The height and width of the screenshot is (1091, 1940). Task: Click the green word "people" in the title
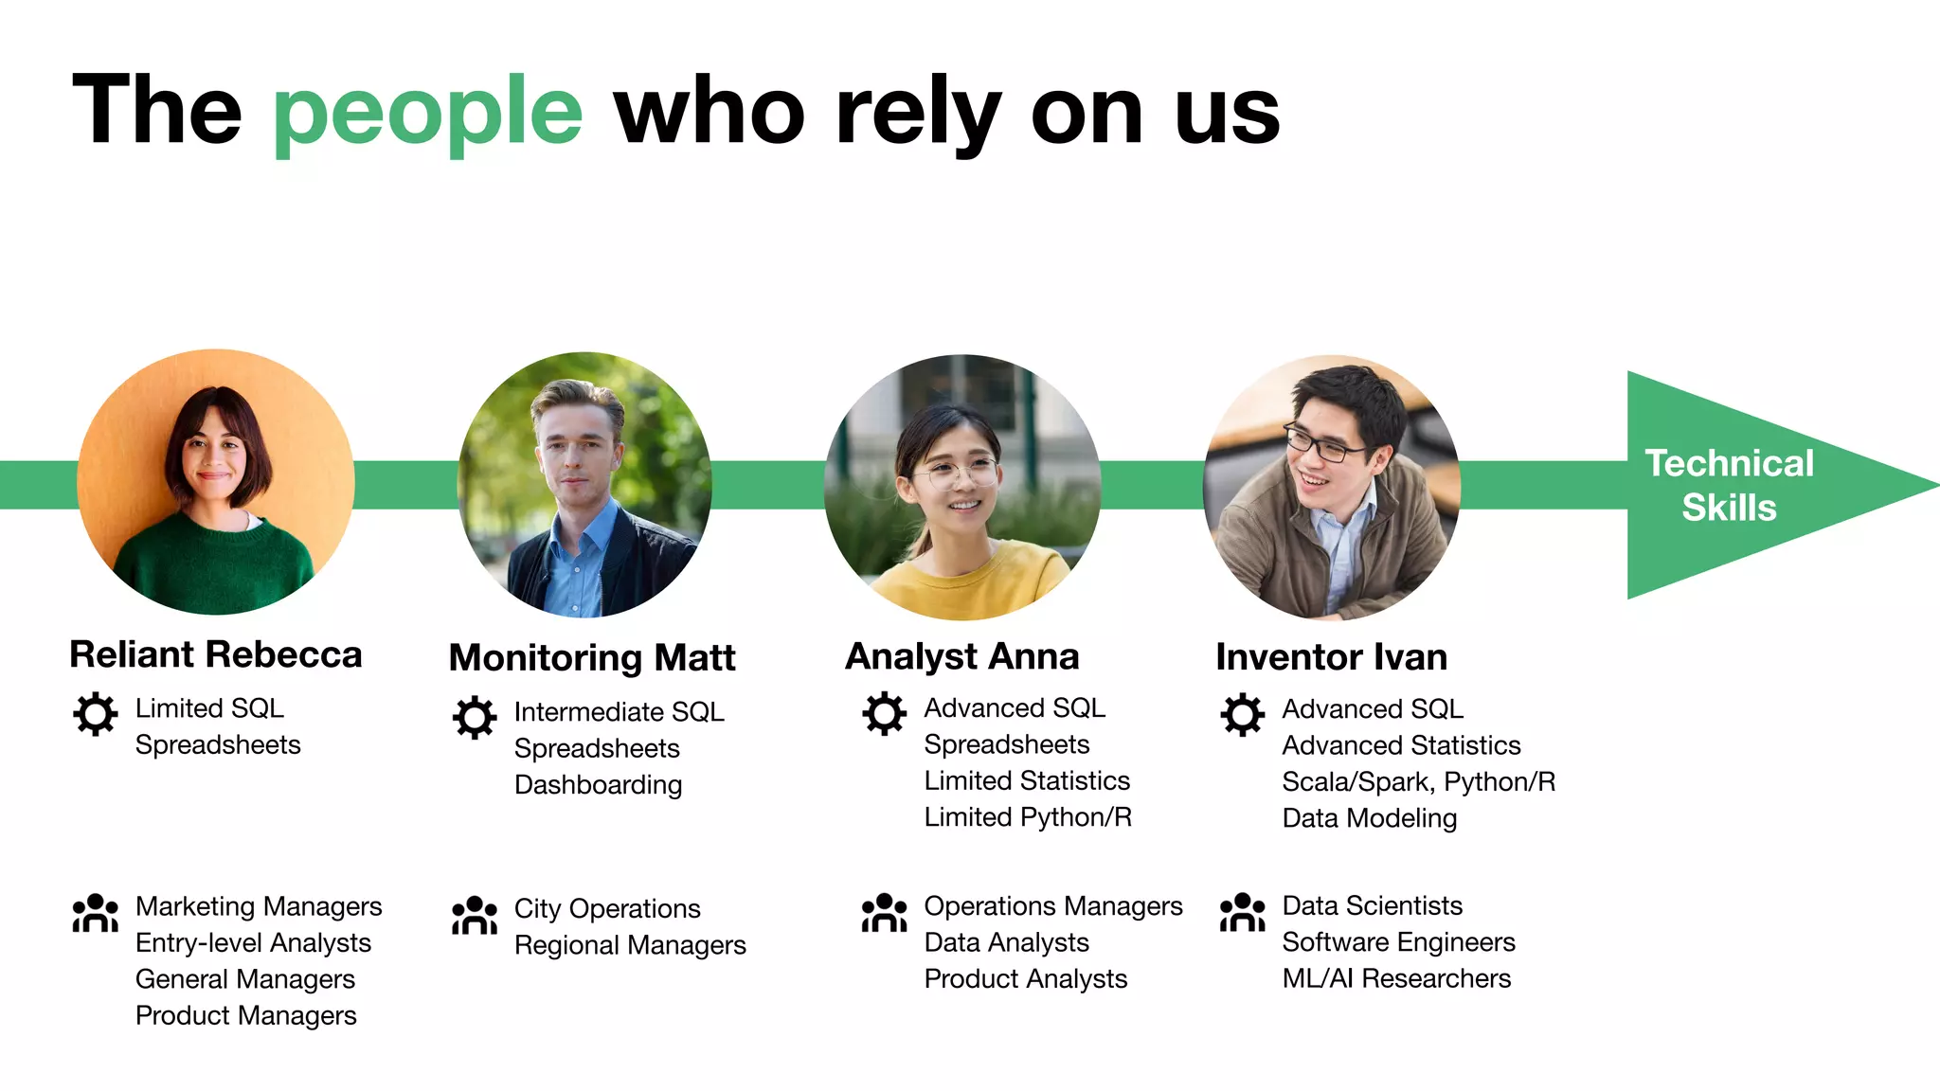[427, 112]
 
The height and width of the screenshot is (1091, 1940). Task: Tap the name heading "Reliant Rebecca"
[216, 654]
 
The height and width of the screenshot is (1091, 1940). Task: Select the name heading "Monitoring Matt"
[592, 657]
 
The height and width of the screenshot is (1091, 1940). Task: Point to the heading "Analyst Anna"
[961, 656]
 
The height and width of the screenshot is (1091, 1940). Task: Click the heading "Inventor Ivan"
[1331, 657]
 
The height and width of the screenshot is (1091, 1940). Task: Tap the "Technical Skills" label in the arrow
[1729, 485]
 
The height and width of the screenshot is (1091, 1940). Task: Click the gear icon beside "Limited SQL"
[96, 714]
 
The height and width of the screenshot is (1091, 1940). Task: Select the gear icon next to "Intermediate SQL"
[475, 718]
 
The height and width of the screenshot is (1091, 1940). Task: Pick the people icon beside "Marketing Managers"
[96, 913]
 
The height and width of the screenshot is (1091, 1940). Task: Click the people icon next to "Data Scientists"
[1242, 912]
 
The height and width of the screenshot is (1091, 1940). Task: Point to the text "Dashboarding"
[598, 785]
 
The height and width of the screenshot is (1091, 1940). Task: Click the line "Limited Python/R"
[1028, 817]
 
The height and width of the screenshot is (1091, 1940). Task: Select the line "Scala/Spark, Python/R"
[1418, 782]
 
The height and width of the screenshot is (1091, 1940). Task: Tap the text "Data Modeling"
[1369, 818]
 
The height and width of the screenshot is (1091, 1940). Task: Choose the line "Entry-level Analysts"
[253, 943]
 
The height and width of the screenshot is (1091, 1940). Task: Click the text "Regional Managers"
[630, 945]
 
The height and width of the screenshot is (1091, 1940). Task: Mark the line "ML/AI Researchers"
[1396, 978]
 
